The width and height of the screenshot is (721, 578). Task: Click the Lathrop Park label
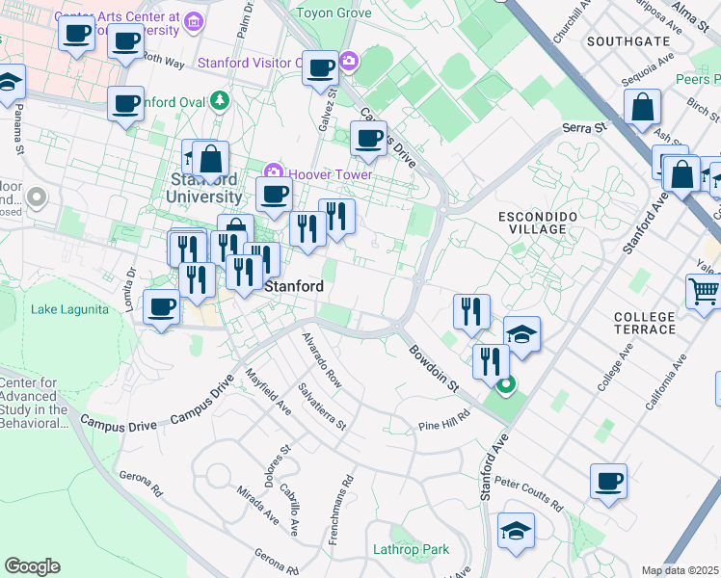[412, 550]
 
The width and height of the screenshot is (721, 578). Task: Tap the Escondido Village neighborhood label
[538, 223]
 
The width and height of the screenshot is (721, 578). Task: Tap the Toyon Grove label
[333, 13]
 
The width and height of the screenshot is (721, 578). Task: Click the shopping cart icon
[705, 291]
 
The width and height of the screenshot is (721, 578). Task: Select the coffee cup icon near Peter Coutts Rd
[608, 481]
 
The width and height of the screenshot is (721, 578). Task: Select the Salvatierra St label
[322, 407]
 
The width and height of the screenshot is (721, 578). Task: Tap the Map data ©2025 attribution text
[681, 570]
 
